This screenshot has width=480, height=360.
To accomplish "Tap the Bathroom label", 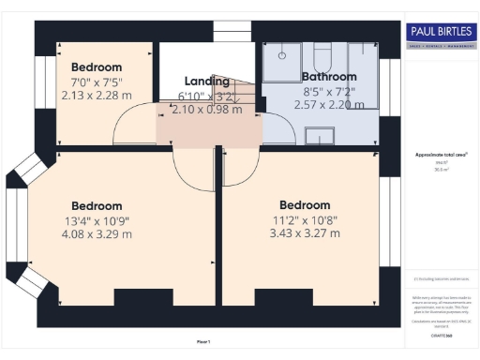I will point(328,76).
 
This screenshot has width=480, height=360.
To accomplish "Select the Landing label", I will point(207,82).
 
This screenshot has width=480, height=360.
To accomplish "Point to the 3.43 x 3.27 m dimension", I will point(304,236).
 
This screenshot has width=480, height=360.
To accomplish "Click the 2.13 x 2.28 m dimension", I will point(97,95).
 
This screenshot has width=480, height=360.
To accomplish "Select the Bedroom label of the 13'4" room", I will point(97,206).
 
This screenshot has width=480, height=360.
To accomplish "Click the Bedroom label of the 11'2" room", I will point(304,205).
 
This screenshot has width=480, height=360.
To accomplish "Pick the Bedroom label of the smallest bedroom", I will point(97,67).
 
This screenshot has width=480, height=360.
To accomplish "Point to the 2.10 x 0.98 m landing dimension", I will point(206,110).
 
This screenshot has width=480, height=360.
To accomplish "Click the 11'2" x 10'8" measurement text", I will point(304,221).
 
